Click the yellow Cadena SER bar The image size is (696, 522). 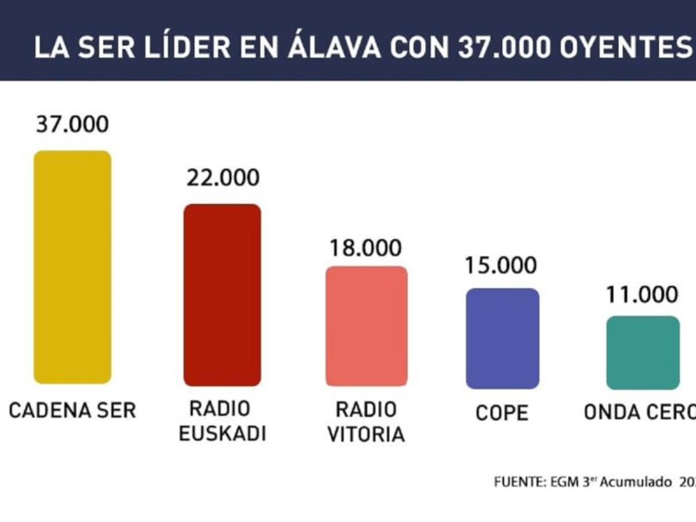(72, 267)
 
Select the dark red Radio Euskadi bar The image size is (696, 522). (222, 295)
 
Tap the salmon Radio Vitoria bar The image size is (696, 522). (367, 326)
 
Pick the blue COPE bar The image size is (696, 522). (503, 338)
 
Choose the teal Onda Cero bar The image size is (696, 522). (643, 353)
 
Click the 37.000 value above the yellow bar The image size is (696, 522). (72, 125)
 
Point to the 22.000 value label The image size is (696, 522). (223, 177)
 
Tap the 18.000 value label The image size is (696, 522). (365, 248)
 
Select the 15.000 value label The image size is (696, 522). (501, 265)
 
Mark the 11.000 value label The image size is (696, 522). (642, 294)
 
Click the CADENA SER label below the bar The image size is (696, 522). (72, 411)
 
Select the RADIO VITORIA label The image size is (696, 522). (366, 422)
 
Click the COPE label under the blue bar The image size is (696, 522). (502, 413)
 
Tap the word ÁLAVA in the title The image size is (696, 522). (335, 48)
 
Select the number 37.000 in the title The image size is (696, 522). (504, 48)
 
